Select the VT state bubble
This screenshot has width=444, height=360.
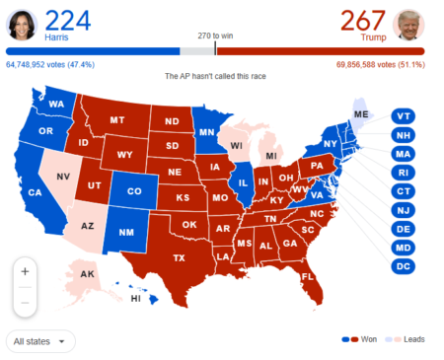click(x=404, y=116)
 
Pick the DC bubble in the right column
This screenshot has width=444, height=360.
click(x=404, y=266)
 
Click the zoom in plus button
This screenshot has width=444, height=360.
click(x=25, y=270)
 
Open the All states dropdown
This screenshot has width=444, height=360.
click(x=39, y=341)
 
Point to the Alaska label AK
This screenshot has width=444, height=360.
click(x=87, y=274)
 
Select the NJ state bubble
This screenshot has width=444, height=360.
click(x=404, y=210)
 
